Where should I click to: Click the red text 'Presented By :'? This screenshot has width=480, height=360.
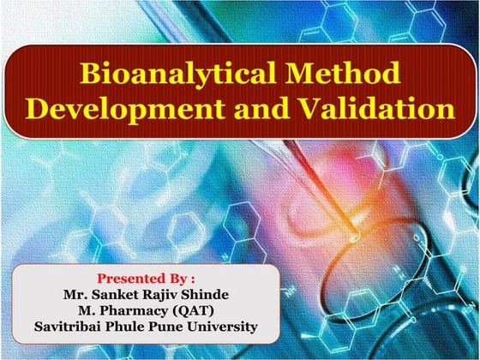(x=146, y=279)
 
